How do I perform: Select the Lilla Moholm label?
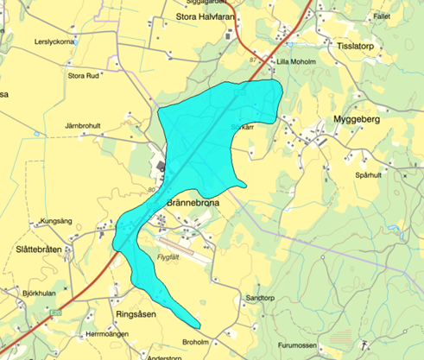[x=294, y=62]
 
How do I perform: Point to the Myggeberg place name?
[x=358, y=120]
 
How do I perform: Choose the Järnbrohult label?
[x=83, y=126]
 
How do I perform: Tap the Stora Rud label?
[x=83, y=75]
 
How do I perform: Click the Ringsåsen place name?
[x=136, y=315]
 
